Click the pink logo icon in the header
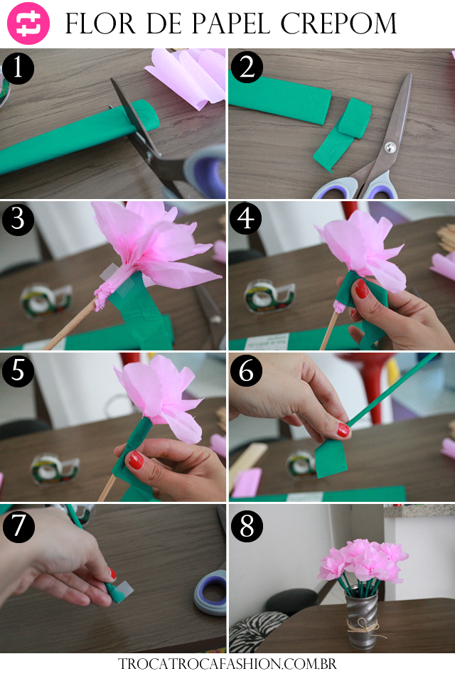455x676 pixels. coord(28,23)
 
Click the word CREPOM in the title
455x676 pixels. coord(338,23)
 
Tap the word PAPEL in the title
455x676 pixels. coord(230,23)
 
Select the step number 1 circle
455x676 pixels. coord(18,68)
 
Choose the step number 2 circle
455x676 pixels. coord(247,68)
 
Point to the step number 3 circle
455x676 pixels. coord(18,219)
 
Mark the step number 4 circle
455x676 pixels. coord(246,218)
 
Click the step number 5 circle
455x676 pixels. coord(18,370)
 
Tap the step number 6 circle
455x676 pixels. coord(246,370)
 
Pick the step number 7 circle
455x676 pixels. coord(18,526)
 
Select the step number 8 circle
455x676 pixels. coord(247,525)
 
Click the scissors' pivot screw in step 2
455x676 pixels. coord(390,147)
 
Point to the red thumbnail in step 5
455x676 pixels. coord(135,460)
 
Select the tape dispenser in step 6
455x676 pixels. coord(301,463)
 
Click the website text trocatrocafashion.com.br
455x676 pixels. coord(227,663)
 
